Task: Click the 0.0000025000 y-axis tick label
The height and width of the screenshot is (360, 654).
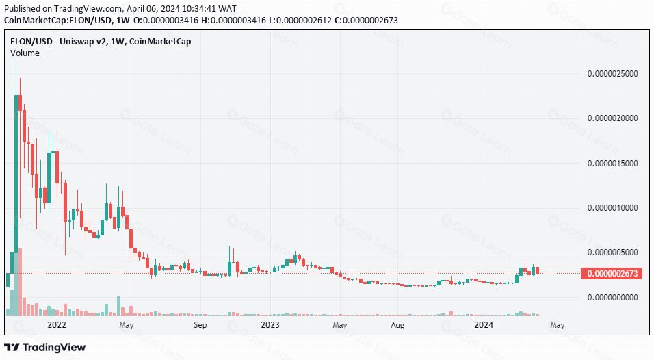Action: tap(614, 73)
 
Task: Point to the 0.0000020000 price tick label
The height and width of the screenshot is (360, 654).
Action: tap(614, 118)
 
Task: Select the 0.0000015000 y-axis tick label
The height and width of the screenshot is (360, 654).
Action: tap(614, 164)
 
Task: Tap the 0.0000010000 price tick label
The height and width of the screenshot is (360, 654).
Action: tap(614, 208)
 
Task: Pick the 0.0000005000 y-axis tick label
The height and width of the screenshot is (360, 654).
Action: tap(614, 253)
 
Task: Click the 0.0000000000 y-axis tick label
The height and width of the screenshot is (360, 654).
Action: tap(614, 298)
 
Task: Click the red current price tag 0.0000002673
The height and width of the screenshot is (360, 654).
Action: tap(610, 274)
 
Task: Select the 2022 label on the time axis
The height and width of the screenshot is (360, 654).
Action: tap(55, 325)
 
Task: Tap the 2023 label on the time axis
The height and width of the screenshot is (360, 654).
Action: tap(271, 325)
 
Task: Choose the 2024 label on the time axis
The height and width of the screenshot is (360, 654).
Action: tap(484, 325)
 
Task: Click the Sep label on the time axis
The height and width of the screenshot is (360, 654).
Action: tap(199, 325)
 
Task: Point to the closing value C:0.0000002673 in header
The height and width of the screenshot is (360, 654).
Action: tap(362, 20)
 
